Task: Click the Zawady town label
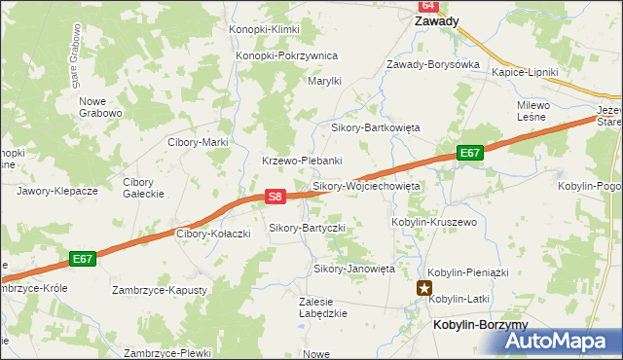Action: pos(436,20)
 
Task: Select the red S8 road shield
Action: pos(275,197)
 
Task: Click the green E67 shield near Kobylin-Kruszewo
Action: pos(470,153)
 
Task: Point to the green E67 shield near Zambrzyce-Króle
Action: pos(83,259)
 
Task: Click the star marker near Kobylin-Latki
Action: pos(424,287)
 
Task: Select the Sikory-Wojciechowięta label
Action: pos(365,185)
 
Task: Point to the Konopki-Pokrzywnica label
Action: pos(286,56)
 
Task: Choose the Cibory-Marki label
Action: pos(198,142)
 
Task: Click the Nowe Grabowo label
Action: pos(100,107)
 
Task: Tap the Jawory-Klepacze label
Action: pos(57,191)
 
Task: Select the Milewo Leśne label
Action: pos(535,111)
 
